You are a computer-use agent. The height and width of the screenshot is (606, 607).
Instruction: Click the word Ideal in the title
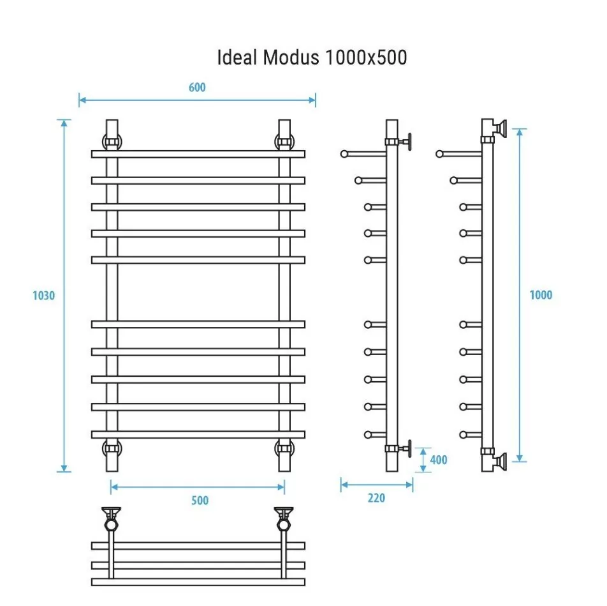tap(235, 58)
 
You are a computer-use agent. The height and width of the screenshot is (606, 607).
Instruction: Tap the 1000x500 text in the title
tap(365, 58)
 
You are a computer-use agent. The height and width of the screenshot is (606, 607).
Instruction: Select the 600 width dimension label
tap(197, 87)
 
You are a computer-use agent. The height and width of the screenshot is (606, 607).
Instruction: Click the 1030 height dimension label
tap(43, 296)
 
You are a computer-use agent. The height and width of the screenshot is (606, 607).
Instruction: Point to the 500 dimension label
tap(200, 501)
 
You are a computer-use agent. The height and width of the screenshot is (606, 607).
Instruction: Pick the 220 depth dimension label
tap(376, 498)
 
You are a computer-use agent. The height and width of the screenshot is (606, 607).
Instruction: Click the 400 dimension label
tap(439, 460)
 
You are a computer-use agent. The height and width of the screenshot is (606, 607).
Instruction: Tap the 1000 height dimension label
tap(541, 295)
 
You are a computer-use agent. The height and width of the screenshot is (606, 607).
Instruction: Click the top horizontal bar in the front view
tap(198, 154)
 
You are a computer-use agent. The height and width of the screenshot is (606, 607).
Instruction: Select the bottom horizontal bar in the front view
tap(198, 434)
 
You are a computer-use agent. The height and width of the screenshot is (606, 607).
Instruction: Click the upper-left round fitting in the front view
tap(112, 141)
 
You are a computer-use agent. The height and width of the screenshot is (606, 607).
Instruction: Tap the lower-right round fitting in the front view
tap(284, 448)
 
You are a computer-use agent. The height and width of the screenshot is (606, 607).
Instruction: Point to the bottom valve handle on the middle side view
tap(409, 446)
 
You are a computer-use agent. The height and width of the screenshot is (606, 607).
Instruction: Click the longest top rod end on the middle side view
tap(345, 153)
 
